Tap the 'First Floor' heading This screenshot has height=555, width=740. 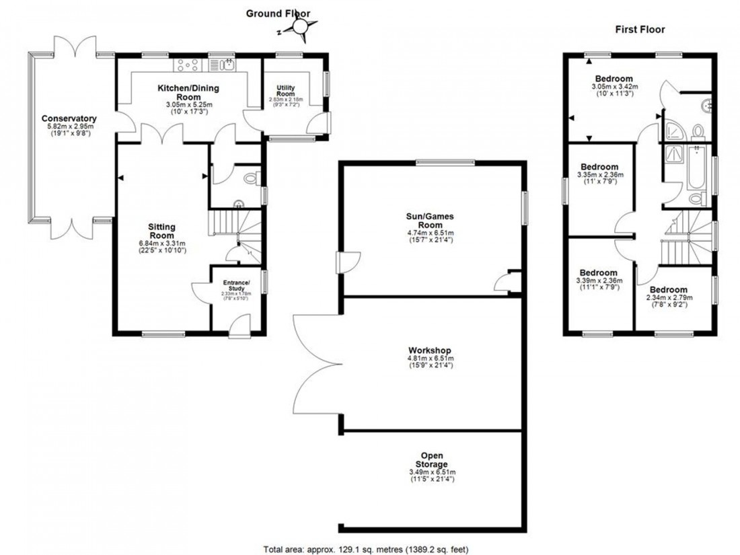click(640, 29)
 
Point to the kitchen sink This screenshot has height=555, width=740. click(221, 65)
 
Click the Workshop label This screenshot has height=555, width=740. click(429, 350)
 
